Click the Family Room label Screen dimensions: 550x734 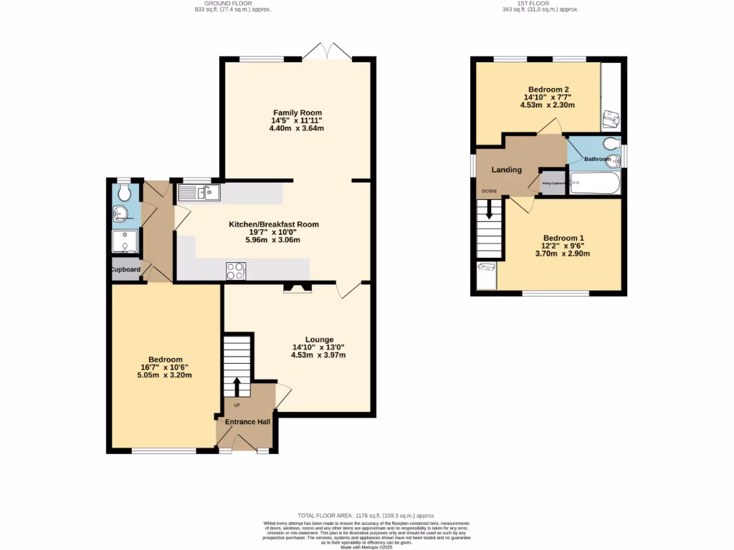tap(297, 112)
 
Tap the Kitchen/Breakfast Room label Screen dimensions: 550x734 tap(274, 224)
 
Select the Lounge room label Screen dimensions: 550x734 tap(319, 339)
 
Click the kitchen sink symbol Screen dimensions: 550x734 tap(200, 192)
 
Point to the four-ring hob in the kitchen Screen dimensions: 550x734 tap(236, 270)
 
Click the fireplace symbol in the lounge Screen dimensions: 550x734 tap(298, 288)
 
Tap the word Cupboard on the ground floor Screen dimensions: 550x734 tap(125, 270)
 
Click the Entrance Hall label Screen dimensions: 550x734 tap(247, 422)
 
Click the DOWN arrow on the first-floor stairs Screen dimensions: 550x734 tap(490, 209)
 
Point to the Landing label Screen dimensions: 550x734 tap(505, 170)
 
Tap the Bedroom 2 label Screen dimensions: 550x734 tap(548, 90)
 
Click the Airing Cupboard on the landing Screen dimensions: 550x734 tap(552, 183)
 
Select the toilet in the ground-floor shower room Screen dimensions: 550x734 tap(124, 192)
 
